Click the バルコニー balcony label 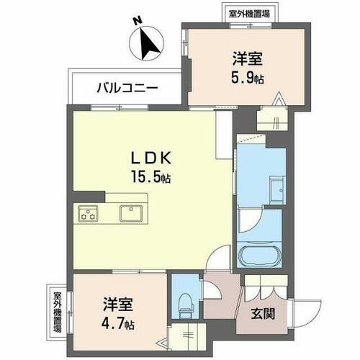pos(128,89)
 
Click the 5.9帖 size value pos(247,77)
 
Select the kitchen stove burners pos(89,212)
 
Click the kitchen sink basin pos(130,212)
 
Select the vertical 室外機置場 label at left pos(56,312)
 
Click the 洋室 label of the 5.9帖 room pos(247,58)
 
